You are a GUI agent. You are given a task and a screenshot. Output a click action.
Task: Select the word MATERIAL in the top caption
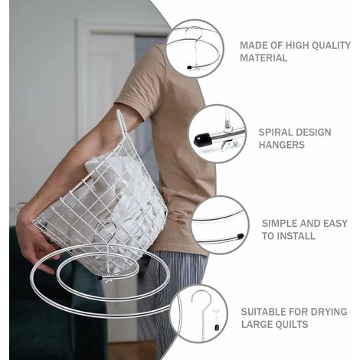[263, 58]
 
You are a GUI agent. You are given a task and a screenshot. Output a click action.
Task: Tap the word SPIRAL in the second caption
[274, 133]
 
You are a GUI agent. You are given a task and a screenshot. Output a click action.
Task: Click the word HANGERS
[282, 145]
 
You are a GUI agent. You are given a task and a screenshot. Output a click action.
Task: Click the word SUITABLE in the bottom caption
[265, 312]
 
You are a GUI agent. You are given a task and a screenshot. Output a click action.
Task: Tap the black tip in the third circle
[241, 236]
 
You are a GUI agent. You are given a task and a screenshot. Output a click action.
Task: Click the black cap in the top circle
[189, 67]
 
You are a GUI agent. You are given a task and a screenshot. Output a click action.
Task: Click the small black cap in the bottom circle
[217, 327]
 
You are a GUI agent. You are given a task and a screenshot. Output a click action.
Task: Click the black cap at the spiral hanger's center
[100, 277]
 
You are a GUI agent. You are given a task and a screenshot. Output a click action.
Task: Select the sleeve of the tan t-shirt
[143, 79]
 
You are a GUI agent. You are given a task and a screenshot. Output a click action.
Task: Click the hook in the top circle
[193, 38]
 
